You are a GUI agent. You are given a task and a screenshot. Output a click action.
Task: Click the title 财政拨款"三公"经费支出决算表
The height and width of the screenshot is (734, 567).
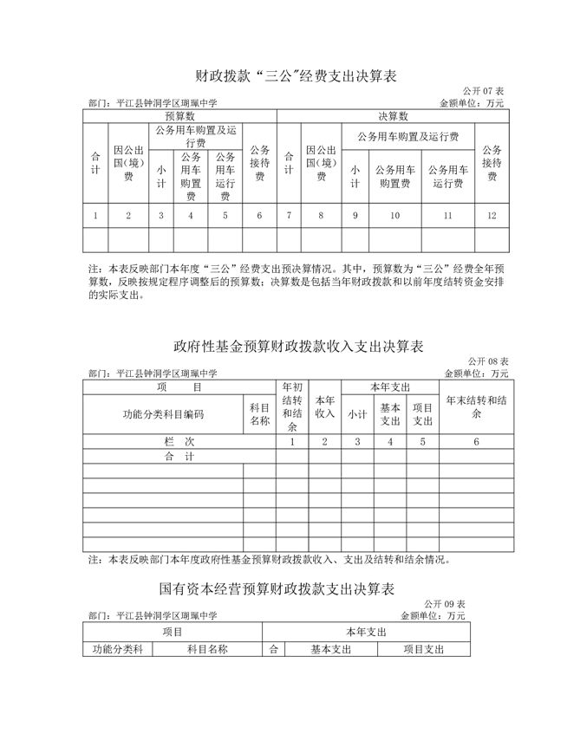coord(283,77)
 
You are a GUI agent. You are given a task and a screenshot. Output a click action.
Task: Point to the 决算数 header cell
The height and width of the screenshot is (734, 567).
coord(393,115)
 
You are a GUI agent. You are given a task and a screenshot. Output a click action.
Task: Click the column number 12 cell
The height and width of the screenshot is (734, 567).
coord(492,215)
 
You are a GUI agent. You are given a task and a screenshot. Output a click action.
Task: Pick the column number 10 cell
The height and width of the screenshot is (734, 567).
coord(395,215)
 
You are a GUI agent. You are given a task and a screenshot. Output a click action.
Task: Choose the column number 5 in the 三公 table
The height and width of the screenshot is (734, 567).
coord(225,215)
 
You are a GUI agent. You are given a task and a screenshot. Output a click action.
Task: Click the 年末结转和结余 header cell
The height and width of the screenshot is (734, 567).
coord(476,406)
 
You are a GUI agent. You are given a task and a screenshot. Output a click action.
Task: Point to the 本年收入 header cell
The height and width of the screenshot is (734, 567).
coord(324,406)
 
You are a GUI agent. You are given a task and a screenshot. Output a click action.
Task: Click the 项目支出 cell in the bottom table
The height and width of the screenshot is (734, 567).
coord(423,649)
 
